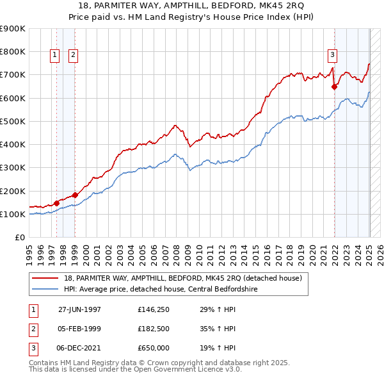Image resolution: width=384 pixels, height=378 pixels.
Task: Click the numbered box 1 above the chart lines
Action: [54, 56]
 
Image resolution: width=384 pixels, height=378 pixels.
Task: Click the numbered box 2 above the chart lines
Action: [74, 56]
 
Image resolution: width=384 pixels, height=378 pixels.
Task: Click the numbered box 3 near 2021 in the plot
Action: [333, 56]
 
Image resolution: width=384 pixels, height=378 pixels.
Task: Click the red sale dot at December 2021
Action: [334, 87]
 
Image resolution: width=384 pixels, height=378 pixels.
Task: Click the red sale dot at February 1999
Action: [75, 195]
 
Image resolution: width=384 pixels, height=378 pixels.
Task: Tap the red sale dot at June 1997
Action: [56, 203]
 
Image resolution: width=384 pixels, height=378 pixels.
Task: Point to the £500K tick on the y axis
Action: [13, 121]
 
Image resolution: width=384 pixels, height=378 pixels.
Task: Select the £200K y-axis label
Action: [13, 191]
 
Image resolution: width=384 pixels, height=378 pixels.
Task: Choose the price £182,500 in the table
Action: [154, 329]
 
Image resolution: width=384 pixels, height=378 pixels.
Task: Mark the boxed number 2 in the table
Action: [32, 329]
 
